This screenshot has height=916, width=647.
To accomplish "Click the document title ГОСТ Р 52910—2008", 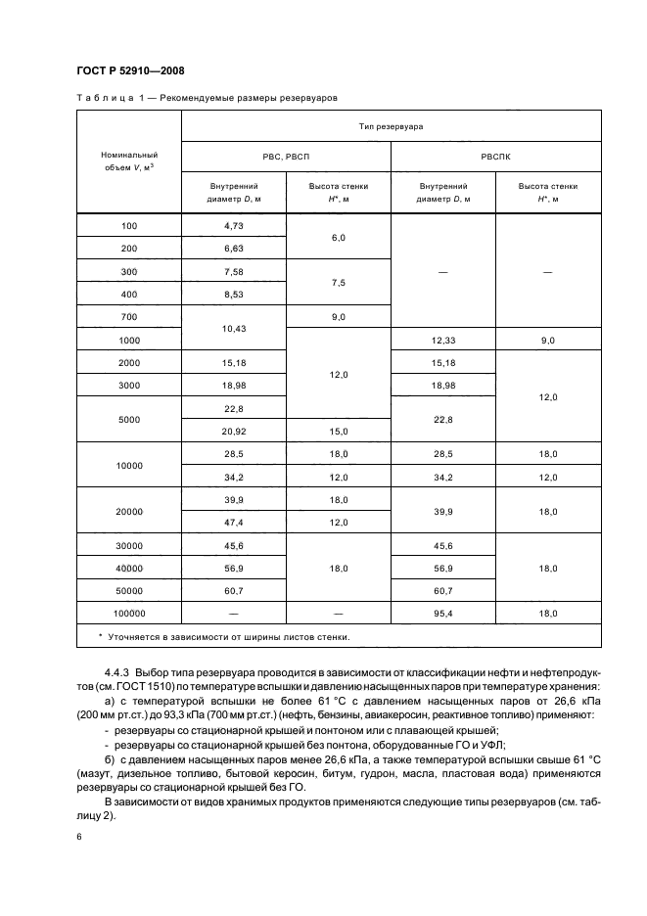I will tap(130, 70).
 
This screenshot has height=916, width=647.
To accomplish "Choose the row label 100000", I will tap(129, 614).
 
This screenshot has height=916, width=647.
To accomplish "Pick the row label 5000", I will tap(129, 419).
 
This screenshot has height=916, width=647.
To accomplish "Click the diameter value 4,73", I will tap(233, 226).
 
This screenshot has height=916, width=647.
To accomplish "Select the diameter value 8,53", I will tap(233, 294).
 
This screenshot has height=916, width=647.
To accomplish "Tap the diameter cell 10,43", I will tap(233, 329).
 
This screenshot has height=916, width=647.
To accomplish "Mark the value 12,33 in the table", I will tap(442, 341).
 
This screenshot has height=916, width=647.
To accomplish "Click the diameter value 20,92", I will tap(233, 431).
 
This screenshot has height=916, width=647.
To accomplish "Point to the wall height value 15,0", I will tap(338, 431).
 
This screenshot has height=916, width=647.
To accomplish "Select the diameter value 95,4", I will tap(442, 614).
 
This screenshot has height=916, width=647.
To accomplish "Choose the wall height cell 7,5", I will tap(338, 282).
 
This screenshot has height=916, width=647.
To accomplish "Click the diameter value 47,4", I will tap(233, 523).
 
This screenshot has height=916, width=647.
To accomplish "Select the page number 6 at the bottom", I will tap(78, 838).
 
